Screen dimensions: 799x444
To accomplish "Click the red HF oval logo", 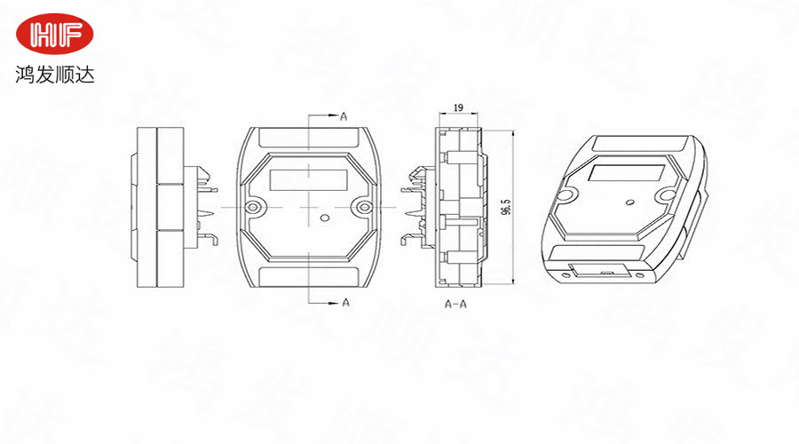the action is point(54,34).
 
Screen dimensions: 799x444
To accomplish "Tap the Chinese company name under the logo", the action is point(54,75).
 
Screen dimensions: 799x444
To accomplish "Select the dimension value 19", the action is point(458,107).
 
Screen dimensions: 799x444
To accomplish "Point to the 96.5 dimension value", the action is point(506,206).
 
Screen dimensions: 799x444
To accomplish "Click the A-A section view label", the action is point(455,305).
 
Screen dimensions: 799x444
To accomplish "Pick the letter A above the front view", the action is point(344,116).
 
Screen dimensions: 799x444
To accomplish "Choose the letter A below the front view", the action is point(346,303).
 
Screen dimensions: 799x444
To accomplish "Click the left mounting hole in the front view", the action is point(253,207).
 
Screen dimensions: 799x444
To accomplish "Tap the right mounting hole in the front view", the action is point(364,207).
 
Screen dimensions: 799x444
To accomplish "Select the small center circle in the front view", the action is point(324,218).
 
